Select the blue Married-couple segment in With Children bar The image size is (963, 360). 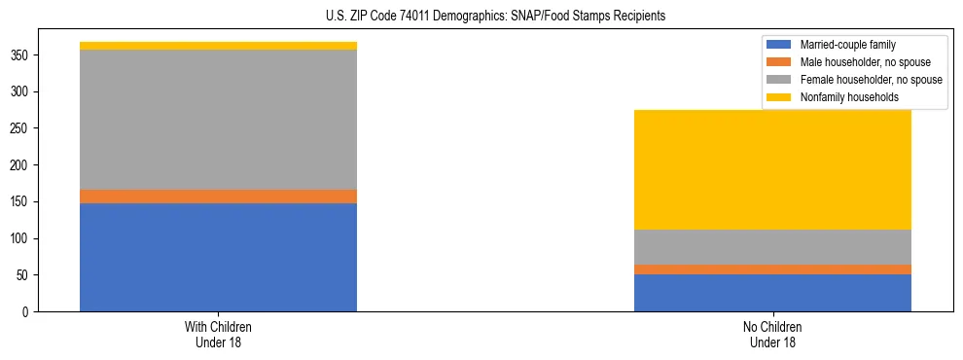(x=218, y=257)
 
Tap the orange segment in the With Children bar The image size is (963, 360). (x=218, y=197)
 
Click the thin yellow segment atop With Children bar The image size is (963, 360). (x=218, y=46)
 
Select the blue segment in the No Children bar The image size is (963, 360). (x=772, y=293)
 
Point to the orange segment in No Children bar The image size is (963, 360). (x=772, y=270)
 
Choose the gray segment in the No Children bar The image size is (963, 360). (x=772, y=247)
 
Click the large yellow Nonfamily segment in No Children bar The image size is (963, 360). (x=772, y=169)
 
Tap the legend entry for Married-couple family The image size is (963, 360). (x=847, y=45)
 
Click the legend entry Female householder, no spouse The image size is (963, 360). (x=871, y=80)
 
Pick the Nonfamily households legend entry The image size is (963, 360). (x=848, y=97)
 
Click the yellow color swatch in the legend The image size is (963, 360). (x=779, y=97)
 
